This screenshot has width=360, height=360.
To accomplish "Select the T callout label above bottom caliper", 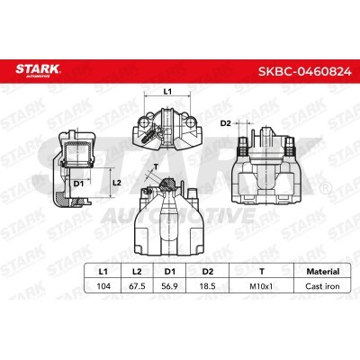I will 157,166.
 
